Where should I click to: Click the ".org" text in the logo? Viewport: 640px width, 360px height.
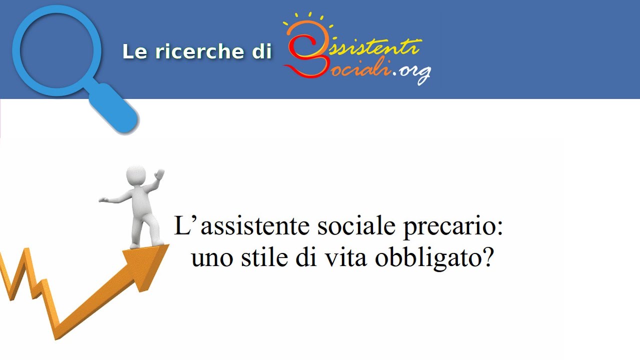point(412,73)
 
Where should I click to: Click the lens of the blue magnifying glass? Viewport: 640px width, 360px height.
point(56,50)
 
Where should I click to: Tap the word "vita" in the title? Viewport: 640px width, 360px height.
point(347,257)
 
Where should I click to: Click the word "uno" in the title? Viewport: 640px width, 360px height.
point(208,258)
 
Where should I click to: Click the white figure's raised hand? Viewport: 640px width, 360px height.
point(159,174)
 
